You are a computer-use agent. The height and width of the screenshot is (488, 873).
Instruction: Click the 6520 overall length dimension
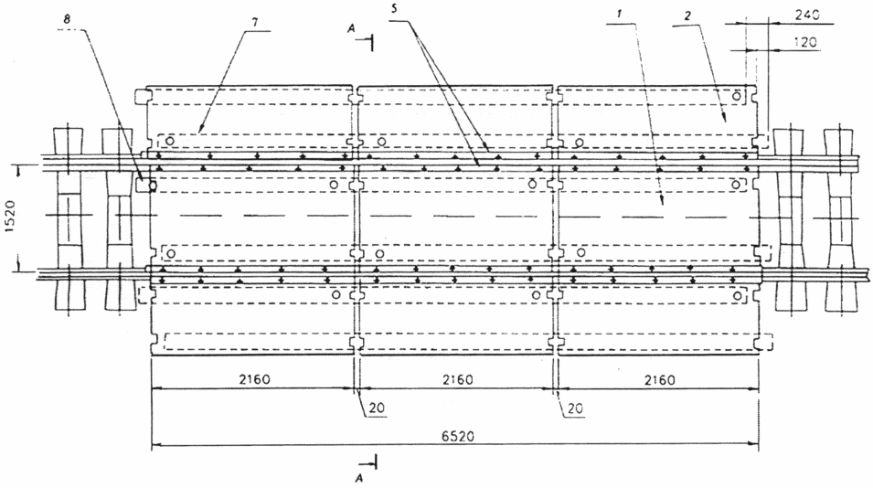click(458, 436)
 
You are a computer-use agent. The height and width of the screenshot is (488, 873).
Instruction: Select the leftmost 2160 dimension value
click(254, 379)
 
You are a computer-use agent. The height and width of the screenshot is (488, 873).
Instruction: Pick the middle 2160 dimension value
click(458, 379)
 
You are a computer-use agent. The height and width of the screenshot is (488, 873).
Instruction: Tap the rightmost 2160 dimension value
click(659, 380)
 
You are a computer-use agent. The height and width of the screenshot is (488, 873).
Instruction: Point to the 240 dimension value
click(807, 15)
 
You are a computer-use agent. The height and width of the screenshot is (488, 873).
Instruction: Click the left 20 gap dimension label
click(377, 408)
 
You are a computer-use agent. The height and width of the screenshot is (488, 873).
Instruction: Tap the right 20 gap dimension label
click(575, 408)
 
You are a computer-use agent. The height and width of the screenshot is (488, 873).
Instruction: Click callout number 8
click(67, 19)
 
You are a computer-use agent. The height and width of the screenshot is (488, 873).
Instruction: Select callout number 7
click(255, 22)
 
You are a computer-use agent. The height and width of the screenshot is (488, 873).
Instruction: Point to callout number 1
click(620, 15)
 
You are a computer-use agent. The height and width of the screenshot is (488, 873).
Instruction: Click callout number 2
click(687, 16)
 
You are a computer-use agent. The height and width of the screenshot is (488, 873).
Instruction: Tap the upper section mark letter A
click(351, 29)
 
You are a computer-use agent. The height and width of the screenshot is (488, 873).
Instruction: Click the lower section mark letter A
click(359, 478)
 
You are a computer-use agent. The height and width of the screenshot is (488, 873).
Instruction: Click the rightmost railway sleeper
click(840, 220)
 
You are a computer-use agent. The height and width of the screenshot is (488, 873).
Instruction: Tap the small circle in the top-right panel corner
click(737, 96)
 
